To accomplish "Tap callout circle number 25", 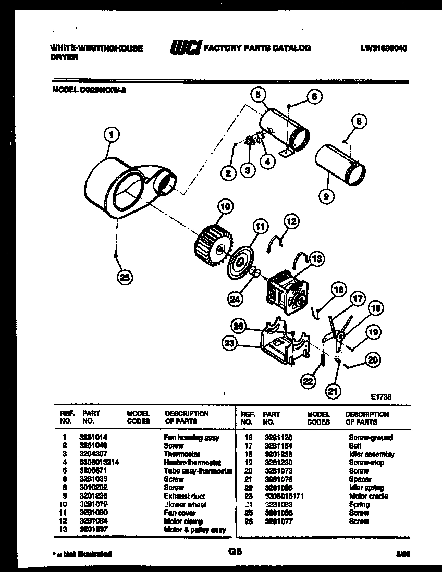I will tap(125, 277).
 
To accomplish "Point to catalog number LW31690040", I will tap(383, 48).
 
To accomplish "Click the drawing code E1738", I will tap(381, 396).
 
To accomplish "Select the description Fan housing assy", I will tap(191, 438).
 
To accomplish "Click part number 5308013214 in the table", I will tap(99, 463).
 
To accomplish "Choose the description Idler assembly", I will tap(371, 454).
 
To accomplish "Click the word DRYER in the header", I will tap(64, 57).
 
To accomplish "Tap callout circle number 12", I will tap(291, 221).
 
